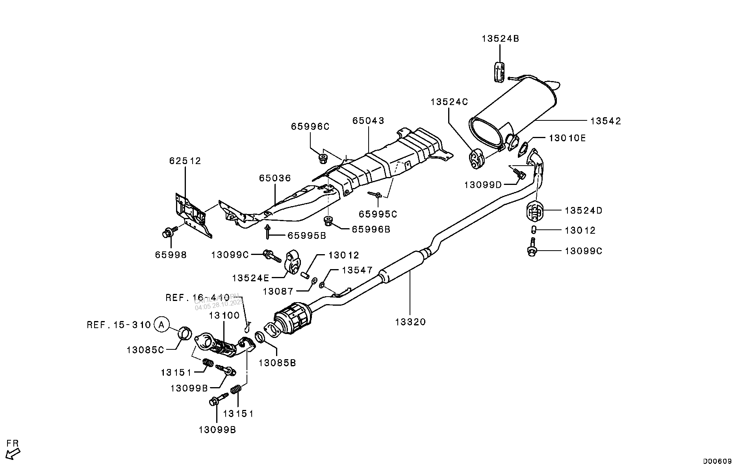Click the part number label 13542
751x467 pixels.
606,121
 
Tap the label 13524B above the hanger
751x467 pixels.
500,39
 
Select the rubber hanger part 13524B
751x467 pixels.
499,72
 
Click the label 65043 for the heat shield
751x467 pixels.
368,120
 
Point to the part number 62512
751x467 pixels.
185,161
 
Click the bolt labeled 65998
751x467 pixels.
167,233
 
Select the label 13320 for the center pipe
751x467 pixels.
410,322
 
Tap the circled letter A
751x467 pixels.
161,325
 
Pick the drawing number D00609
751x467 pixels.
718,461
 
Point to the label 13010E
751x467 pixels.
567,138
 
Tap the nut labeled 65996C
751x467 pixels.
323,159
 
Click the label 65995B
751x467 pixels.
307,236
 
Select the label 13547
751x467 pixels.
357,270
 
